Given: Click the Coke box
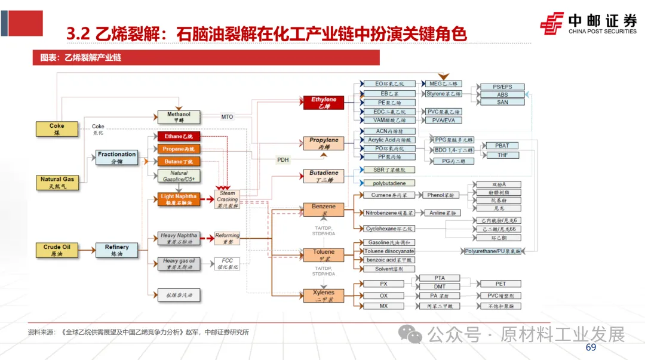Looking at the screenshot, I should pos(57,129).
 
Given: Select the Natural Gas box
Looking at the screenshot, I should pos(57,182).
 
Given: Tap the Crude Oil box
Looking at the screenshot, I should pos(57,250).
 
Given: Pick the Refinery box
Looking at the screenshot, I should pos(117,250).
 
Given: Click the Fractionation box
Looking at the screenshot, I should pos(117,158).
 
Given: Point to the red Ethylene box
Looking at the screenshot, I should pos(324,103).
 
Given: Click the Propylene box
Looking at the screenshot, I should pos(324,143).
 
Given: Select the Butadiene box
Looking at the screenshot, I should pos(324,176).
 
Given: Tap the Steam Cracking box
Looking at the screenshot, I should pos(228,199).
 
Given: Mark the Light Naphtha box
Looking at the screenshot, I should pos(179,199).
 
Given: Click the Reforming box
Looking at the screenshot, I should pos(228,239).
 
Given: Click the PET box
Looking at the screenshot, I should pos(500,284).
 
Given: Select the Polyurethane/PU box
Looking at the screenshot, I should pos(493,251).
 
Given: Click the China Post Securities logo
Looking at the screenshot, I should pos(588,23).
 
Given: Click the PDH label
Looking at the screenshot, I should pos(282,160).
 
